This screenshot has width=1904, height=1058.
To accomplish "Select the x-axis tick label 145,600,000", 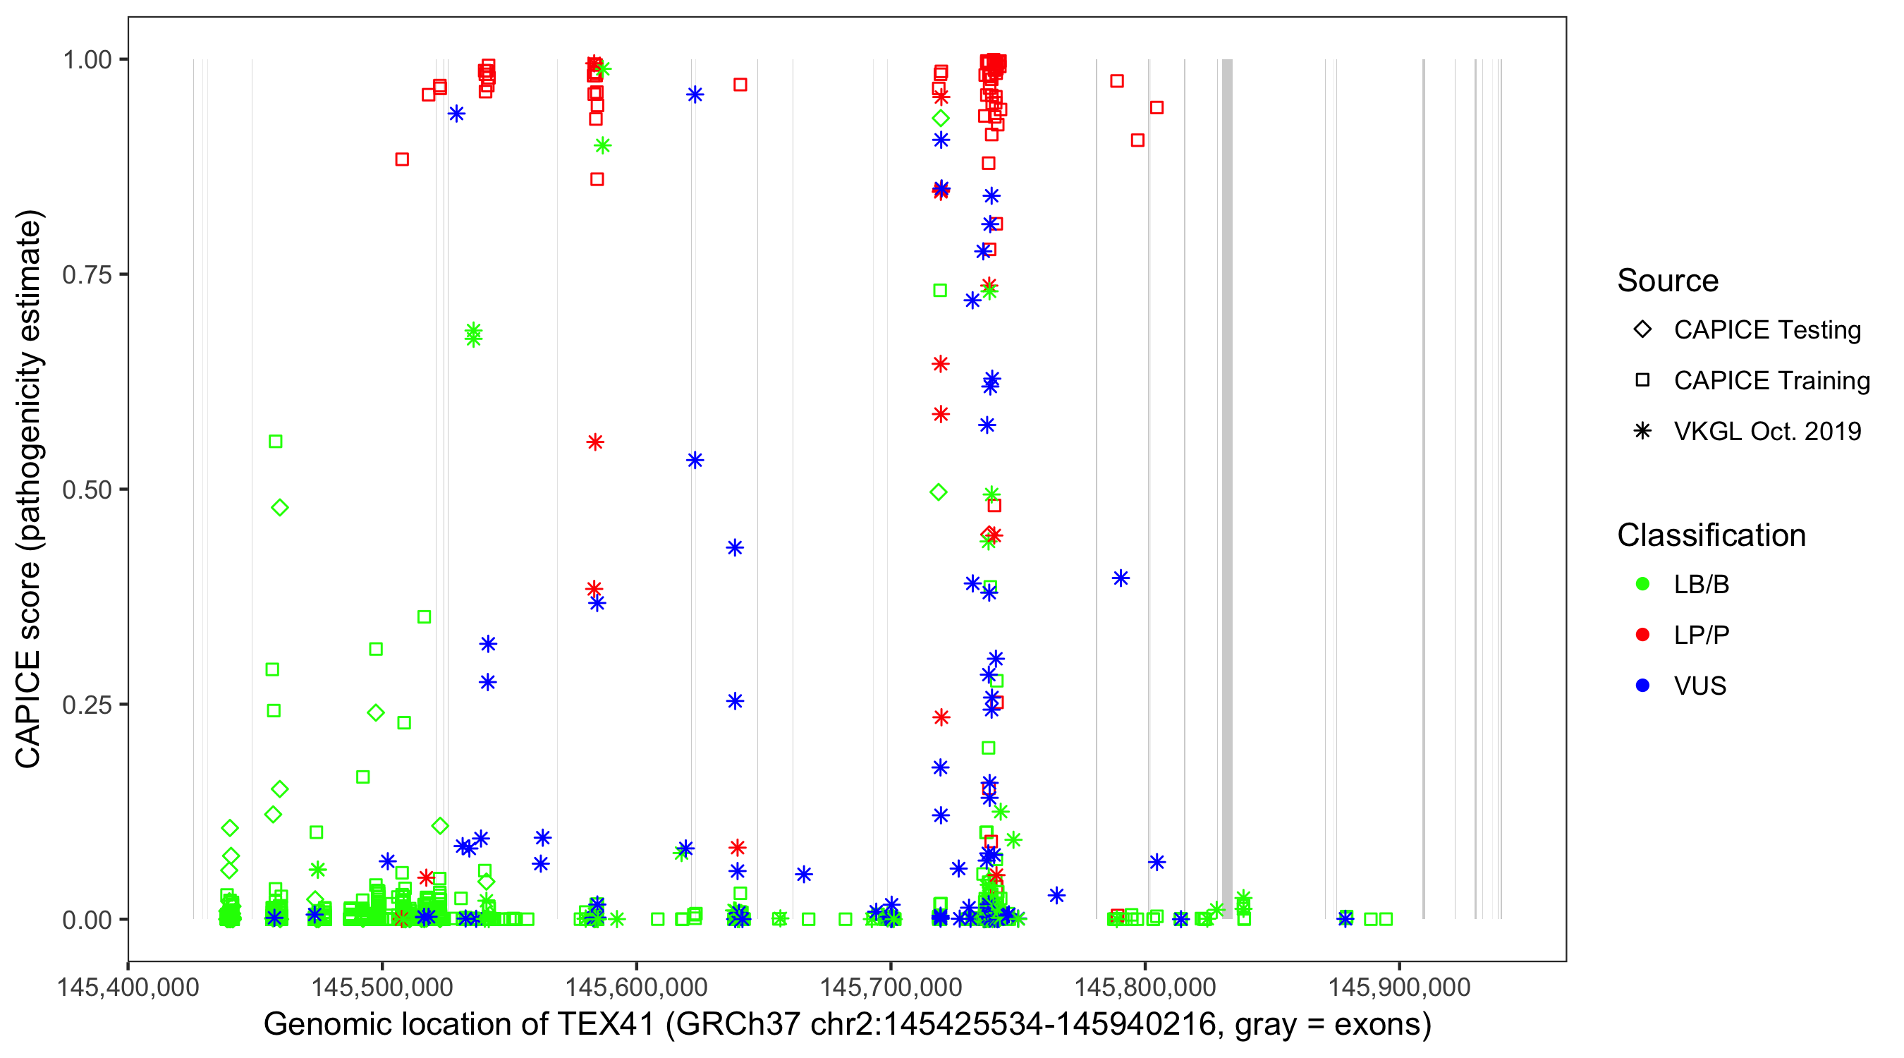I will tap(636, 987).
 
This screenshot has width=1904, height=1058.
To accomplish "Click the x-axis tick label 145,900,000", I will tap(1399, 987).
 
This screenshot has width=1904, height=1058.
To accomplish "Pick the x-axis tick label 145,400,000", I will tap(128, 987).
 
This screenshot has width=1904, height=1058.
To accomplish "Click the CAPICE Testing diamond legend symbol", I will tap(1642, 330).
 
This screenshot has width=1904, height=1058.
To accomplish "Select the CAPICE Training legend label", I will tap(1771, 381).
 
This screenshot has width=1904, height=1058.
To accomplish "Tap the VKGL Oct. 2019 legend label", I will tap(1767, 431).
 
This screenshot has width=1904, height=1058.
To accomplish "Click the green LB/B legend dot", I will tap(1642, 584).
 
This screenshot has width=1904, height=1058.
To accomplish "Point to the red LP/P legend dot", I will tap(1642, 635).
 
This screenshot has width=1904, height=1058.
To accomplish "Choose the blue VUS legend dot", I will tap(1642, 686).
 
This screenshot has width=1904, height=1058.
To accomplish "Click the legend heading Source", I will tap(1668, 281).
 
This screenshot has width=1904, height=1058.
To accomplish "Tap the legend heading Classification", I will tap(1711, 535).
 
